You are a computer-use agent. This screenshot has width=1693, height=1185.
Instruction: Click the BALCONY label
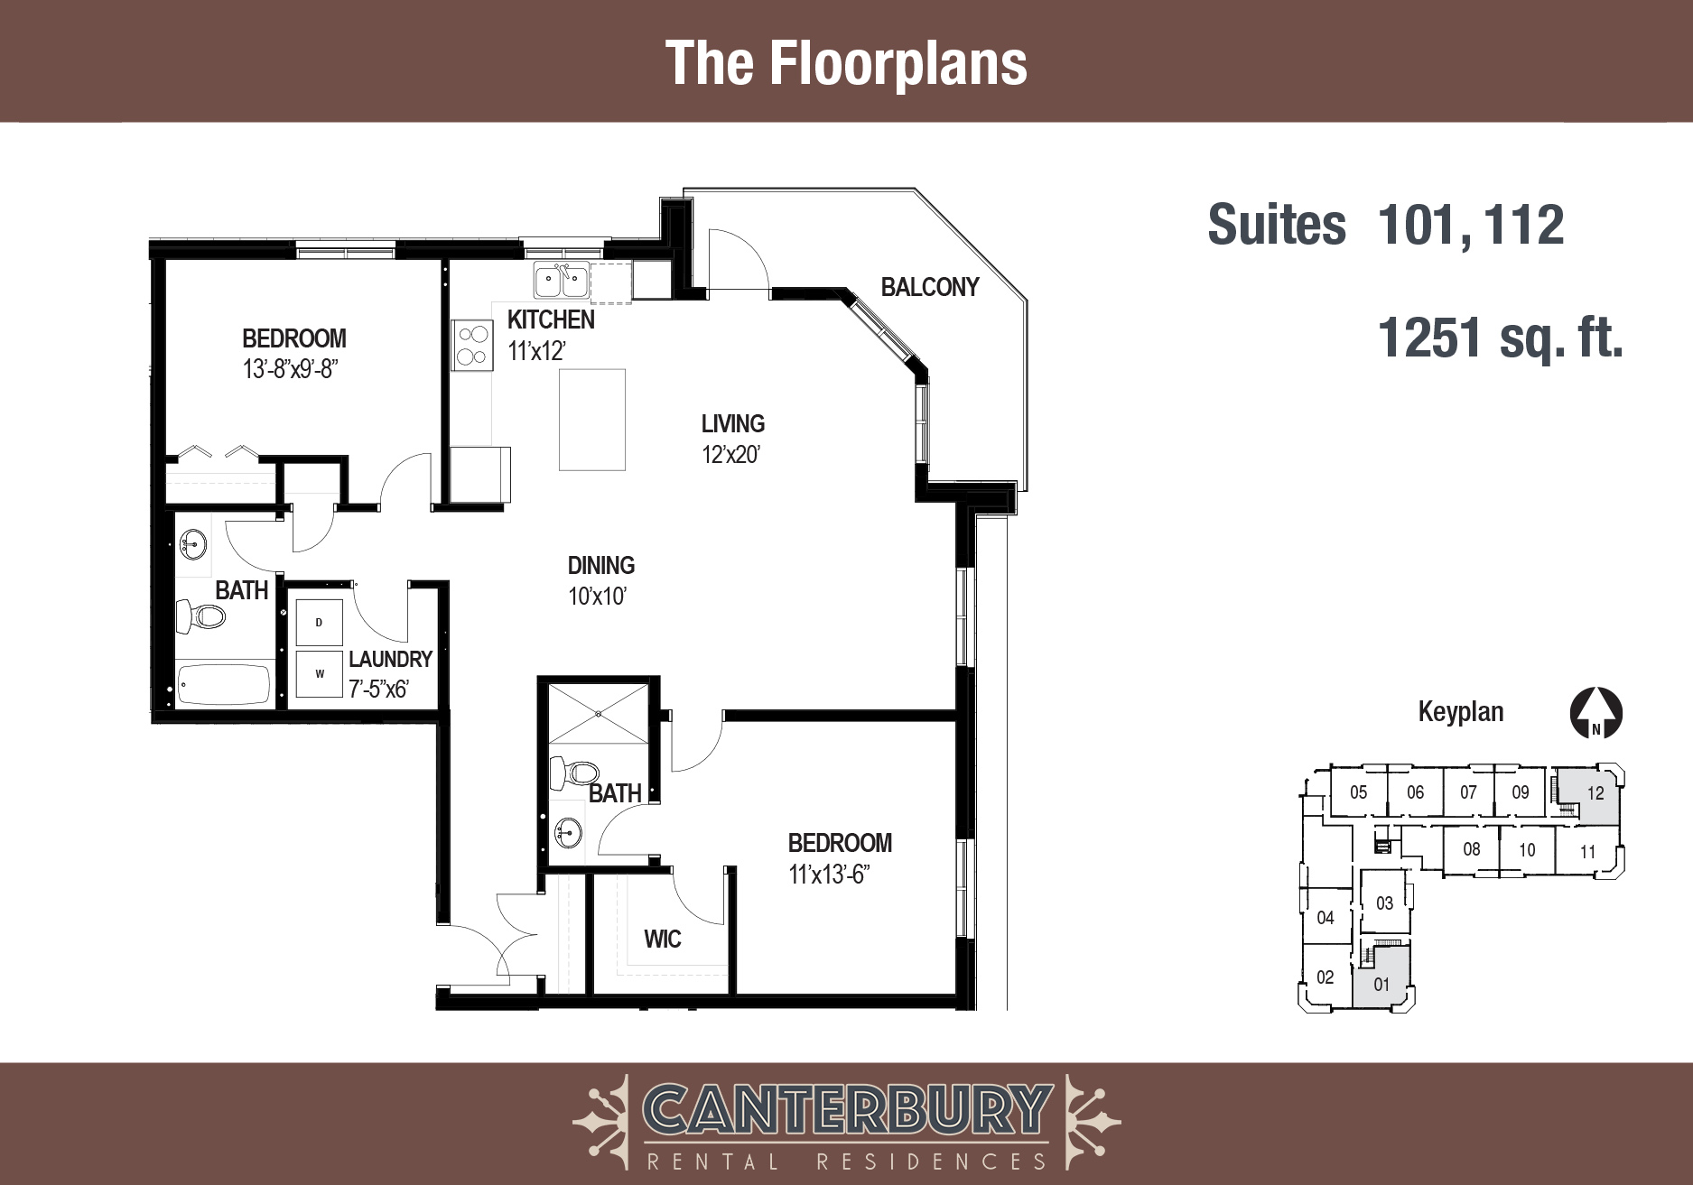930,287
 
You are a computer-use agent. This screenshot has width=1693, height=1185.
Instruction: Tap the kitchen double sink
562,281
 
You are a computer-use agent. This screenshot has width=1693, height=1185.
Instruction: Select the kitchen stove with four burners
472,346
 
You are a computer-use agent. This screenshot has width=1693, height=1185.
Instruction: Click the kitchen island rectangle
592,420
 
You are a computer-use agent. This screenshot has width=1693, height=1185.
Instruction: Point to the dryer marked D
320,622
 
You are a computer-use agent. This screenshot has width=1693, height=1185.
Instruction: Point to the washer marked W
320,673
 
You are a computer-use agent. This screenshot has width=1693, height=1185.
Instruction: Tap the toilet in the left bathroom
201,616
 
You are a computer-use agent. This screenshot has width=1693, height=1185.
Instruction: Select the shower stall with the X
598,713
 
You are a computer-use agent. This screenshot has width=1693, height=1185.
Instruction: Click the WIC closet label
663,940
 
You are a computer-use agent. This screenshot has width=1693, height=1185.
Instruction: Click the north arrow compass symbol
1596,714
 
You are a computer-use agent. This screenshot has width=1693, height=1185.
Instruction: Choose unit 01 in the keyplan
1381,979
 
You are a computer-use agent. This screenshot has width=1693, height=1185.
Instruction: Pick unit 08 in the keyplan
1472,849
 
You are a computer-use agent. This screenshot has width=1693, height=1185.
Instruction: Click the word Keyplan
1461,711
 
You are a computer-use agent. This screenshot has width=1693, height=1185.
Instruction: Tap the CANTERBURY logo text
847,1110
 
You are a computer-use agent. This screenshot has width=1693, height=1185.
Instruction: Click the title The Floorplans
846,63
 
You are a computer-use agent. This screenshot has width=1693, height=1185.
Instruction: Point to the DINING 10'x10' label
601,580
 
